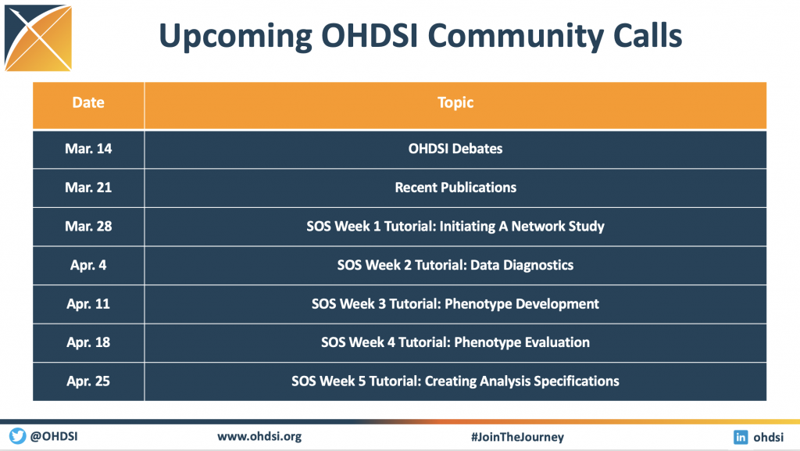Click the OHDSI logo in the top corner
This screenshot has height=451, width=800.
coord(38,38)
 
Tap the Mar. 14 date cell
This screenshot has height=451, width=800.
coord(88,149)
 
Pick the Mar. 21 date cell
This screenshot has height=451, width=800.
coord(88,188)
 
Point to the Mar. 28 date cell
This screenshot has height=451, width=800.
coord(88,227)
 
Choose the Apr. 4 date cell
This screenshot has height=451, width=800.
coord(88,265)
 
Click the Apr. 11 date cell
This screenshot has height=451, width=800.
coord(88,304)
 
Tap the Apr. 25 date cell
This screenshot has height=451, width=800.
coord(88,381)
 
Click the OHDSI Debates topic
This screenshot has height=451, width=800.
coord(455,149)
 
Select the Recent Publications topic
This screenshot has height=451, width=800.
coord(455,188)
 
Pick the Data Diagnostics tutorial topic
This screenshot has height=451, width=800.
coord(455,265)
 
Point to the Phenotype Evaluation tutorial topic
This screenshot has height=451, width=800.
coord(455,342)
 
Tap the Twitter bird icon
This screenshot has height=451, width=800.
coord(17,436)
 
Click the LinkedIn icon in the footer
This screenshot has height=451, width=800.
coord(741,437)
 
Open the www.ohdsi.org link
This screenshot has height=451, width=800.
coord(259,437)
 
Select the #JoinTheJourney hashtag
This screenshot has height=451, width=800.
coord(517,437)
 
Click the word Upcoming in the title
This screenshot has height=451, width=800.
coord(235,37)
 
